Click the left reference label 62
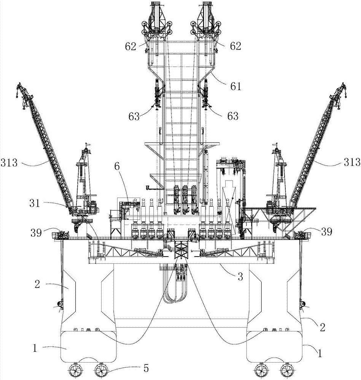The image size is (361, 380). coord(130,46)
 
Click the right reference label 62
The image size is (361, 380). coord(235,46)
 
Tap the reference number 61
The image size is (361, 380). coord(235,86)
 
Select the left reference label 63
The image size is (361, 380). coord(134,117)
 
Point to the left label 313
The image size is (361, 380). coord(9,162)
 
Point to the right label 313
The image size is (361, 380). coord(352,162)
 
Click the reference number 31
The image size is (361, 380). coord(35,203)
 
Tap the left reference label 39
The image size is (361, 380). coord(36,233)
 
